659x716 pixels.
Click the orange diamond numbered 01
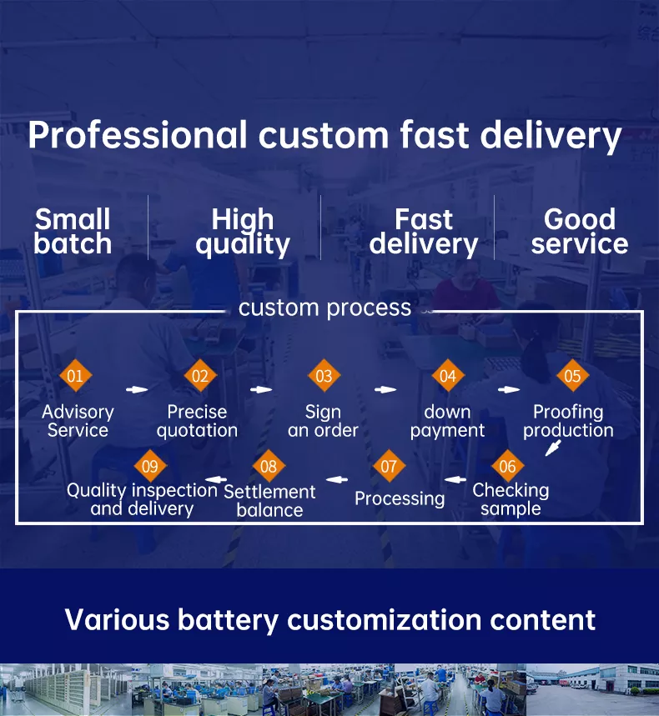tap(75, 375)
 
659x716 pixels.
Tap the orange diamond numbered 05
tap(572, 375)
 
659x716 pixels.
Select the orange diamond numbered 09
tap(150, 466)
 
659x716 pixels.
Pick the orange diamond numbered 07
tap(389, 466)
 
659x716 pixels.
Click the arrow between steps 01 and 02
tap(137, 389)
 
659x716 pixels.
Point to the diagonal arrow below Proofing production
tap(553, 448)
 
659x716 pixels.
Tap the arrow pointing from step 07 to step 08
tap(337, 479)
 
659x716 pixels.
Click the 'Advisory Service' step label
tap(78, 421)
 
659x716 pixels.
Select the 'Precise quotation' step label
tap(197, 421)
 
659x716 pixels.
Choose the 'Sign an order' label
tap(323, 421)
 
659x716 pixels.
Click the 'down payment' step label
tap(447, 421)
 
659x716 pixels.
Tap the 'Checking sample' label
tap(511, 499)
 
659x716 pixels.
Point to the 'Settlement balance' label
tap(269, 500)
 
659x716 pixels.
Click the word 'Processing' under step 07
tap(400, 498)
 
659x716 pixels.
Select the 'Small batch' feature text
tap(73, 231)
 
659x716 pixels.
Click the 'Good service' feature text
tap(580, 231)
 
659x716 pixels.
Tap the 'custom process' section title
tap(325, 308)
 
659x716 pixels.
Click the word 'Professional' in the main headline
tap(138, 136)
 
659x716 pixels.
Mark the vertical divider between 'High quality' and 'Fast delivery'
tap(321, 228)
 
